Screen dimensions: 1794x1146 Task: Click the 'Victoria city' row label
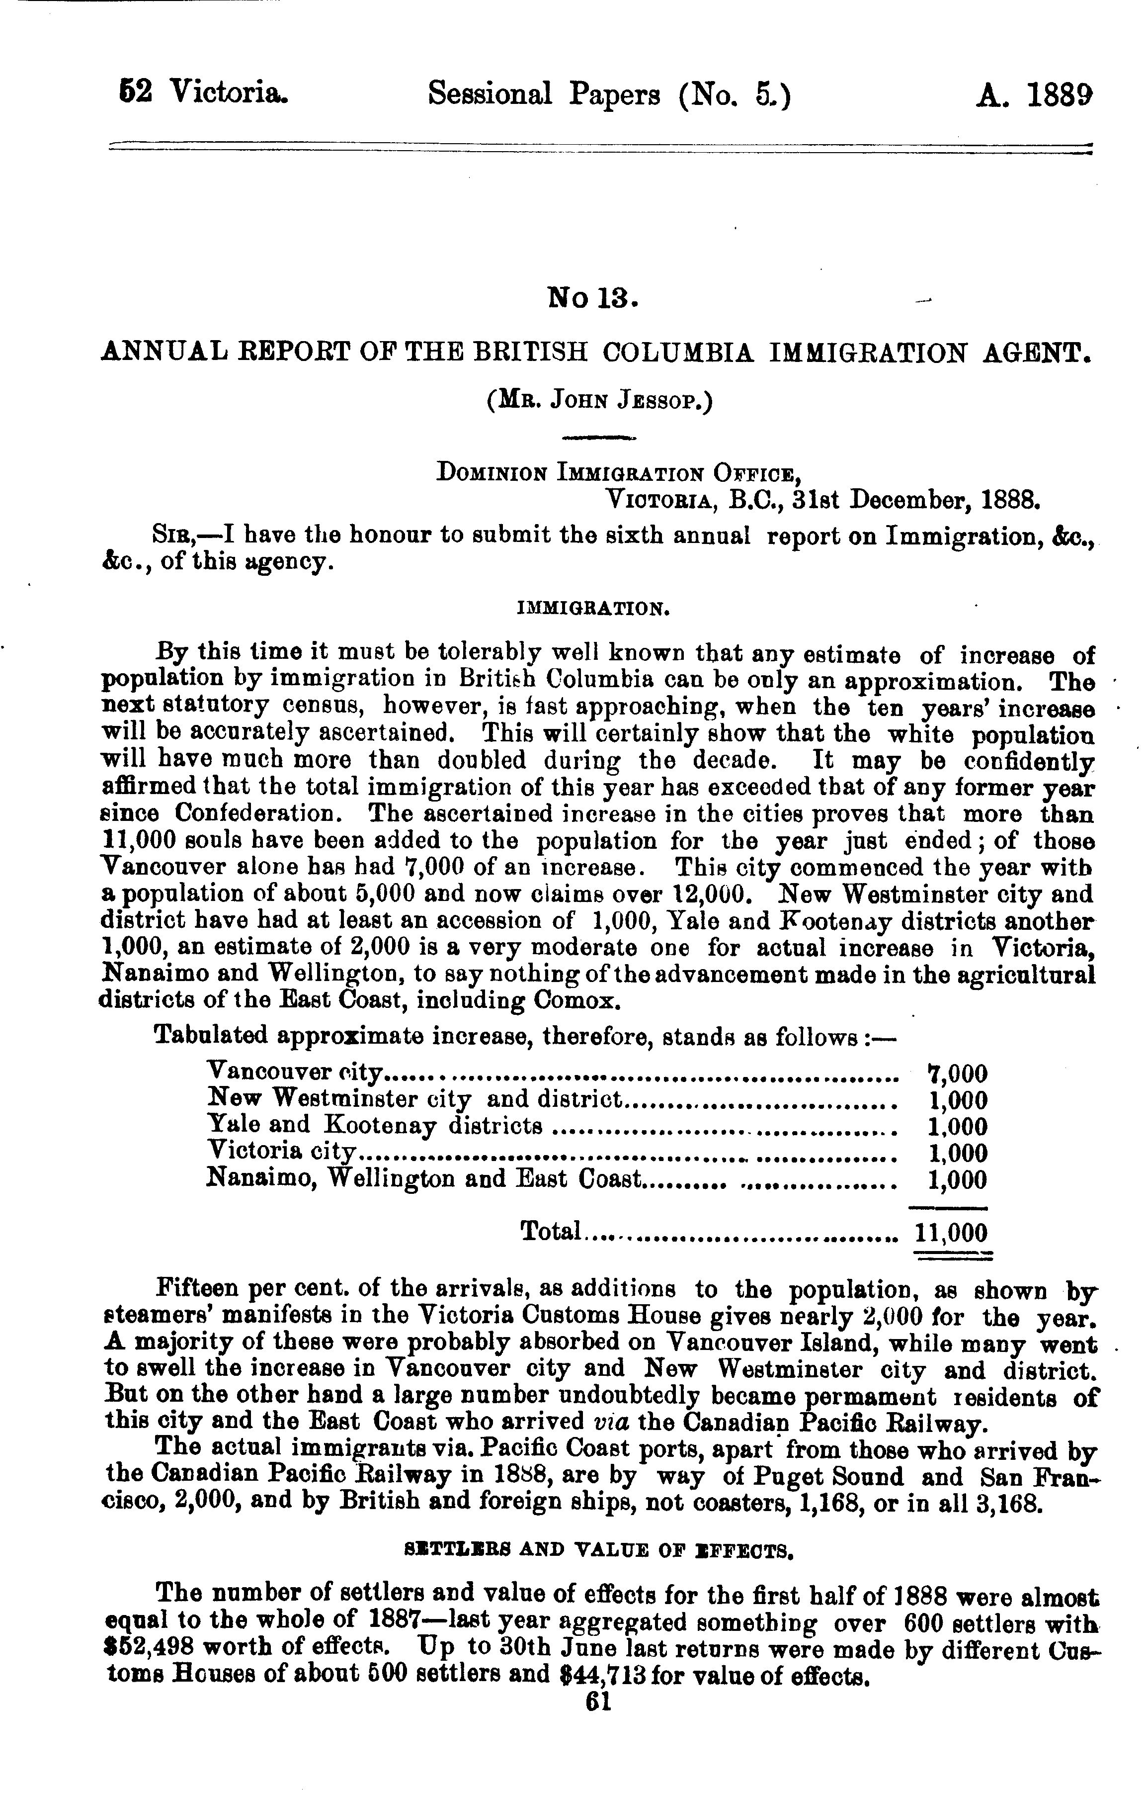(x=282, y=1151)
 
